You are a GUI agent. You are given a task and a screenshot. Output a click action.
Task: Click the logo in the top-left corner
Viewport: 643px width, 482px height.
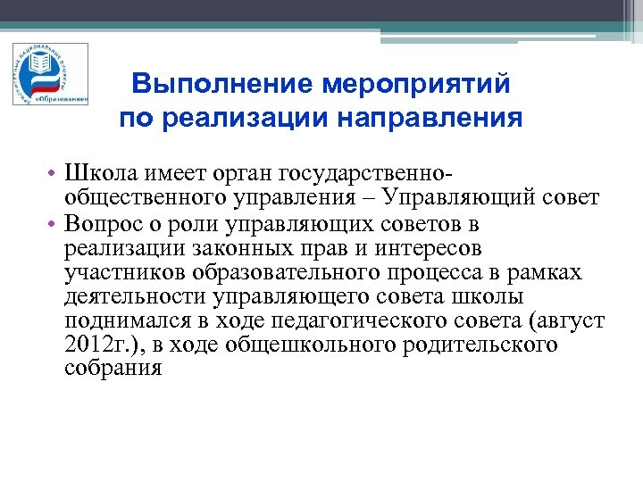click(50, 74)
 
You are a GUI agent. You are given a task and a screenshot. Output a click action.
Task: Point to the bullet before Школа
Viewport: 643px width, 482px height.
click(54, 170)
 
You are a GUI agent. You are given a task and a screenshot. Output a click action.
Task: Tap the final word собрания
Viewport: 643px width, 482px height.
click(113, 369)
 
